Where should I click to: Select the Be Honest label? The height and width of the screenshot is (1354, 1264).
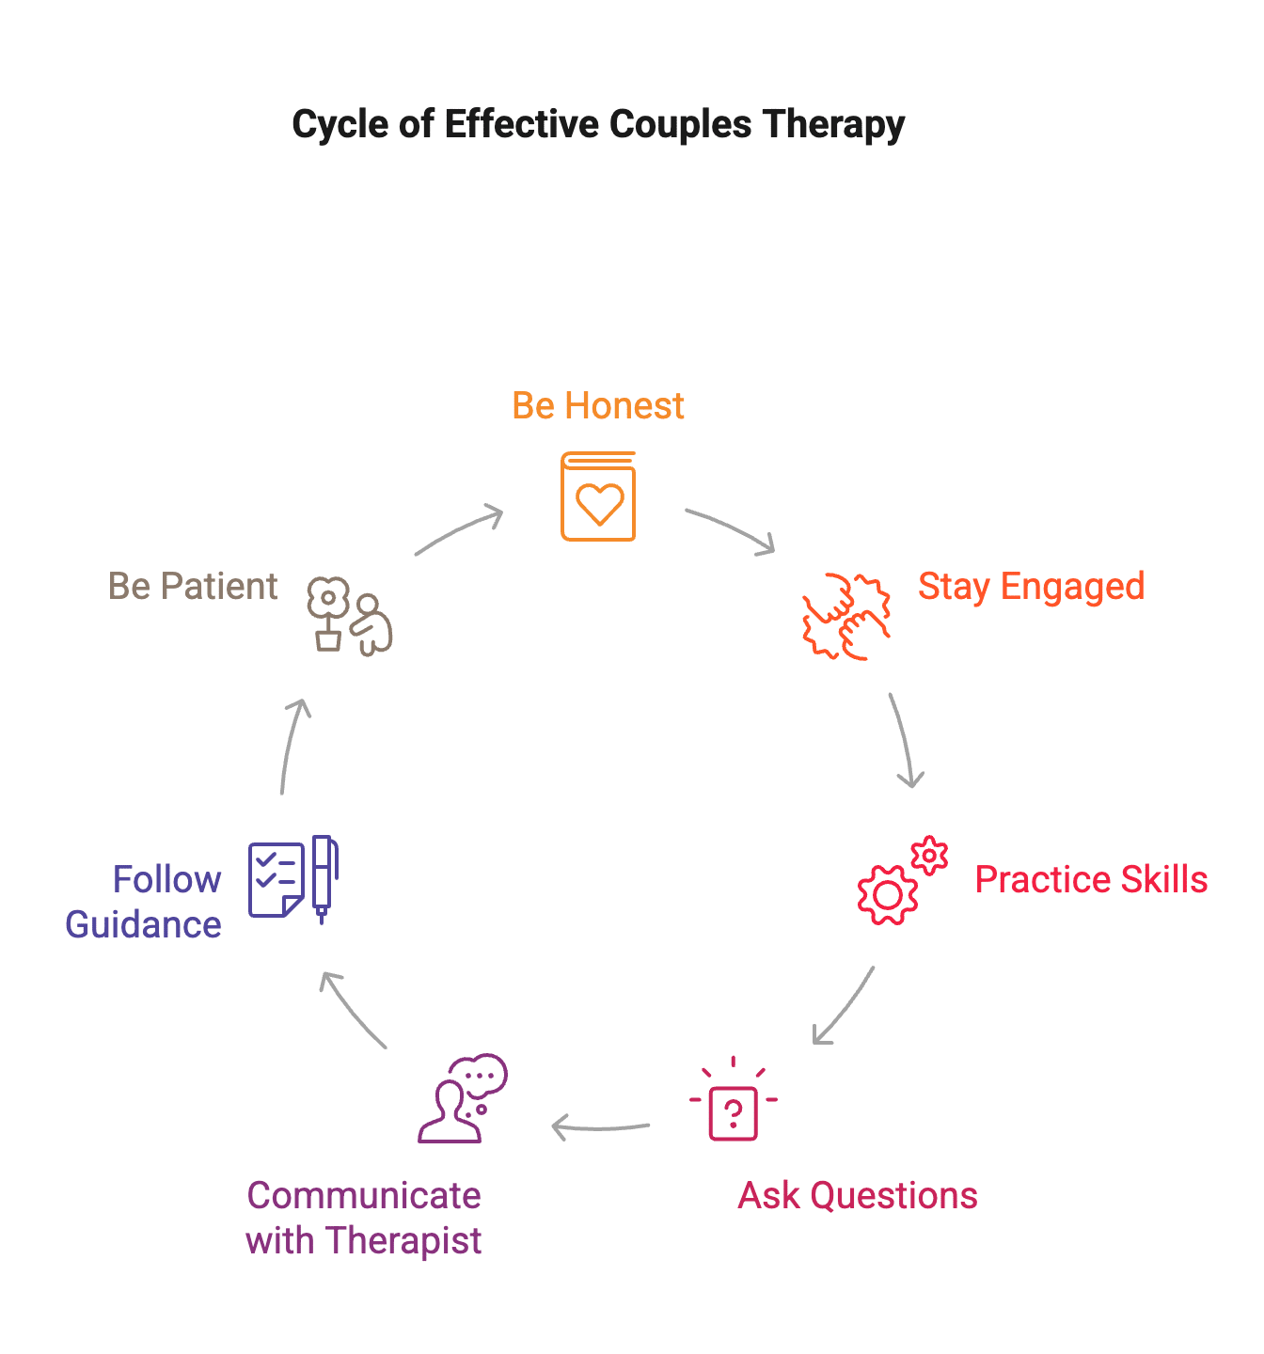point(598,406)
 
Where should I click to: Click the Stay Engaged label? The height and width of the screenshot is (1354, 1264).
point(1031,587)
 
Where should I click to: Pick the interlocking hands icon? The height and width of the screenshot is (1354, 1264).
point(845,617)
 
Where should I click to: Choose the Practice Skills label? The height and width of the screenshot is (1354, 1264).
point(1091,880)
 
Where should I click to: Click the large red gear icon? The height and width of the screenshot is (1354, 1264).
point(887,894)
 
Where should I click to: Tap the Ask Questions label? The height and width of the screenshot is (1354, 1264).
point(858,1196)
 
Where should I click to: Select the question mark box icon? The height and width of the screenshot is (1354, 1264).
point(734,1113)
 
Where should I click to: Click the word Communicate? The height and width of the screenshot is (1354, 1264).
point(364,1196)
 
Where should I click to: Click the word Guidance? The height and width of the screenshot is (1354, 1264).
point(144,925)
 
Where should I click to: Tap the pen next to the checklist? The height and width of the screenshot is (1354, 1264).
point(324,878)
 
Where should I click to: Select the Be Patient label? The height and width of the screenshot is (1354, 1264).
point(193,587)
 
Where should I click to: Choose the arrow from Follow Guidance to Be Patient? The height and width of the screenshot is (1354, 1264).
point(293,747)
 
